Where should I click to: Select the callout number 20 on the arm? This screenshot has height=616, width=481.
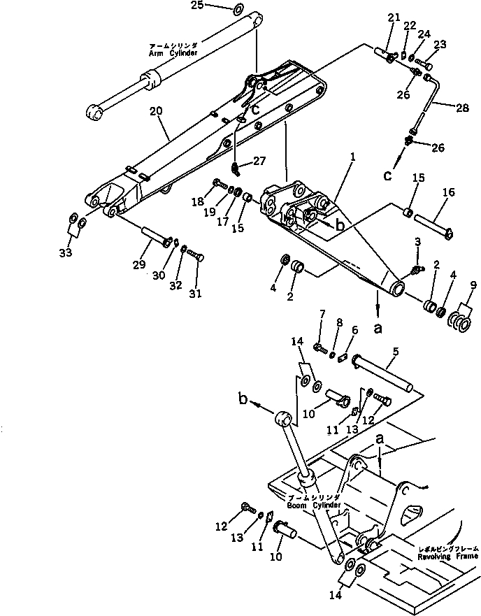(x=155, y=112)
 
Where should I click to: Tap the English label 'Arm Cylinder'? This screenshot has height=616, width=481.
(x=173, y=53)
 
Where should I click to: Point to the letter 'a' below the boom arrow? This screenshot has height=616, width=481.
(x=378, y=327)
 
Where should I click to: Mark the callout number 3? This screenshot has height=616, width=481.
(x=417, y=241)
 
